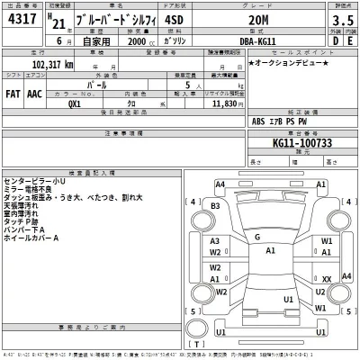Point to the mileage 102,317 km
click(41, 66)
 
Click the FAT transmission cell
click(13, 93)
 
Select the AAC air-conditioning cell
click(34, 93)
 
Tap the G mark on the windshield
click(256, 238)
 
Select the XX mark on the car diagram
click(326, 279)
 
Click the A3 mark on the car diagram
click(215, 242)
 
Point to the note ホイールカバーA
click(31, 238)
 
